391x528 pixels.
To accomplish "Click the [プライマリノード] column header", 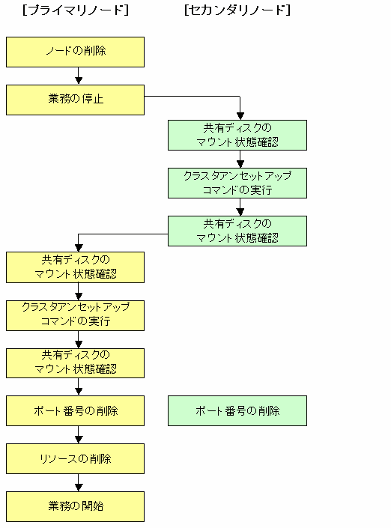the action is (x=76, y=10).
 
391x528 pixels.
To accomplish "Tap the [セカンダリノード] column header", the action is (x=237, y=10).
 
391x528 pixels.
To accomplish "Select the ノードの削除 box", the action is (x=75, y=52).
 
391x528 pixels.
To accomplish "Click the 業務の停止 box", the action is (x=75, y=100).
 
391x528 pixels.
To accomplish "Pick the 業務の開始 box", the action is (x=75, y=506).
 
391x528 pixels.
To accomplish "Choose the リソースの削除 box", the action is (x=75, y=458).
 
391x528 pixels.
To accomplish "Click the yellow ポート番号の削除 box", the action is (x=75, y=411).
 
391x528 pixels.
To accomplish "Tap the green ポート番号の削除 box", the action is (x=237, y=411).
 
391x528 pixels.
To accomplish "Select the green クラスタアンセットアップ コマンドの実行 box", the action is (x=237, y=183).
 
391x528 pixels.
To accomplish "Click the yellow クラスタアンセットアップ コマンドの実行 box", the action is (x=75, y=315).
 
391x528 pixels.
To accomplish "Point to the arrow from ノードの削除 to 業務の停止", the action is (x=79, y=76).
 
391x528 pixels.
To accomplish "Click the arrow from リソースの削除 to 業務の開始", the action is (x=79, y=482).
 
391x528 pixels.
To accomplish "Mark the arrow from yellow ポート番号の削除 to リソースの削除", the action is (x=79, y=434).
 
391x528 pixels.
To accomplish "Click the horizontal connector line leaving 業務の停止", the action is (x=193, y=97).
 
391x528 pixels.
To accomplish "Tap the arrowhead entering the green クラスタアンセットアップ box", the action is (x=240, y=164).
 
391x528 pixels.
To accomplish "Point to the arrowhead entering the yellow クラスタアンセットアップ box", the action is (x=79, y=297).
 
